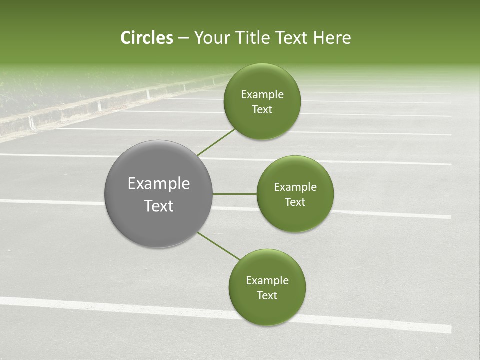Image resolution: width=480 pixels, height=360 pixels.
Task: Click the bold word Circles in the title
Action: coord(147,38)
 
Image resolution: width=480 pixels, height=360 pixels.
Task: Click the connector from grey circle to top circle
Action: coord(216,142)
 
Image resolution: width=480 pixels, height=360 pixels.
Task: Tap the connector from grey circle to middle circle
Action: coord(234,194)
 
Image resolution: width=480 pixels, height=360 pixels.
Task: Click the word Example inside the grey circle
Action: coord(159,184)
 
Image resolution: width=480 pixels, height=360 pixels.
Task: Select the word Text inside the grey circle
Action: coord(159,206)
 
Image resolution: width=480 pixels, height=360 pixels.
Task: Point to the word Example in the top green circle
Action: coord(262,95)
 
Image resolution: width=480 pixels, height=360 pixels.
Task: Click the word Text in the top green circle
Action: coord(262,110)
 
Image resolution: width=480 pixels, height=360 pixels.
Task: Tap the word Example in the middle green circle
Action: coord(295,187)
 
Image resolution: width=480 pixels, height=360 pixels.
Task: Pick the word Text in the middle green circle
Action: coord(295,202)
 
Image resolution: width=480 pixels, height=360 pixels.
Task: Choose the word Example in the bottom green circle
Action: coord(267,281)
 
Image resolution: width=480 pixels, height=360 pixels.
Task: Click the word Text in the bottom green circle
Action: coord(267,295)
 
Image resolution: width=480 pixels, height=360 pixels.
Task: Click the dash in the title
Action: coord(183,38)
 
